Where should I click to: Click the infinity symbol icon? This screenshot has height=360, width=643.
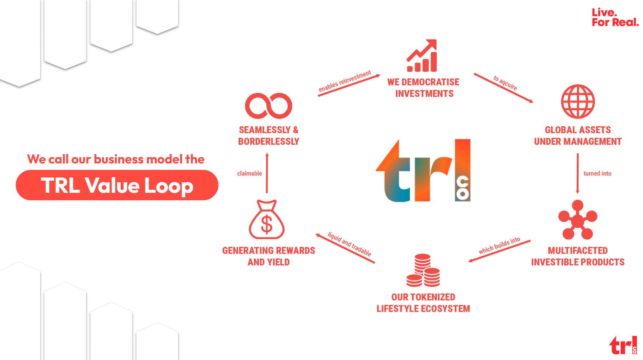pyautogui.click(x=269, y=106)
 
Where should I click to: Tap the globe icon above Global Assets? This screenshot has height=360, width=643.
pyautogui.click(x=578, y=102)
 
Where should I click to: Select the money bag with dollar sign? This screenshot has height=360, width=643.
pyautogui.click(x=267, y=220)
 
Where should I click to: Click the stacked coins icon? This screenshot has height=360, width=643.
pyautogui.click(x=423, y=270)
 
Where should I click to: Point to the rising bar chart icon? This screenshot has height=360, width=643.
pyautogui.click(x=422, y=56)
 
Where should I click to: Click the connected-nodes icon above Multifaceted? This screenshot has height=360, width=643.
pyautogui.click(x=577, y=220)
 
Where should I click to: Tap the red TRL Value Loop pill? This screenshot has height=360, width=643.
pyautogui.click(x=117, y=185)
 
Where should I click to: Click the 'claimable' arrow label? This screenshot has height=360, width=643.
pyautogui.click(x=249, y=174)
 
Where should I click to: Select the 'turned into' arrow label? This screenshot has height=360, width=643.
pyautogui.click(x=597, y=174)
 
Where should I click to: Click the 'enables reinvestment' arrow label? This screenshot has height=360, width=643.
pyautogui.click(x=345, y=81)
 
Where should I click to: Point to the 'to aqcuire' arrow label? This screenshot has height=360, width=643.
pyautogui.click(x=505, y=83)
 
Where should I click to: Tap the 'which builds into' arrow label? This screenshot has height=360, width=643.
pyautogui.click(x=499, y=246)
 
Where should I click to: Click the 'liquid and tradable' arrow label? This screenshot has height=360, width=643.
pyautogui.click(x=349, y=244)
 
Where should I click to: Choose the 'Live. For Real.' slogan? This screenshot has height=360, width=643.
pyautogui.click(x=615, y=17)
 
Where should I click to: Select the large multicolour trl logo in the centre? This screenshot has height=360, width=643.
pyautogui.click(x=423, y=170)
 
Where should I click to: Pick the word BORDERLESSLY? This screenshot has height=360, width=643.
pyautogui.click(x=269, y=142)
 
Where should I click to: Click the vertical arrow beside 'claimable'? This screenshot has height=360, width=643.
pyautogui.click(x=267, y=173)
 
